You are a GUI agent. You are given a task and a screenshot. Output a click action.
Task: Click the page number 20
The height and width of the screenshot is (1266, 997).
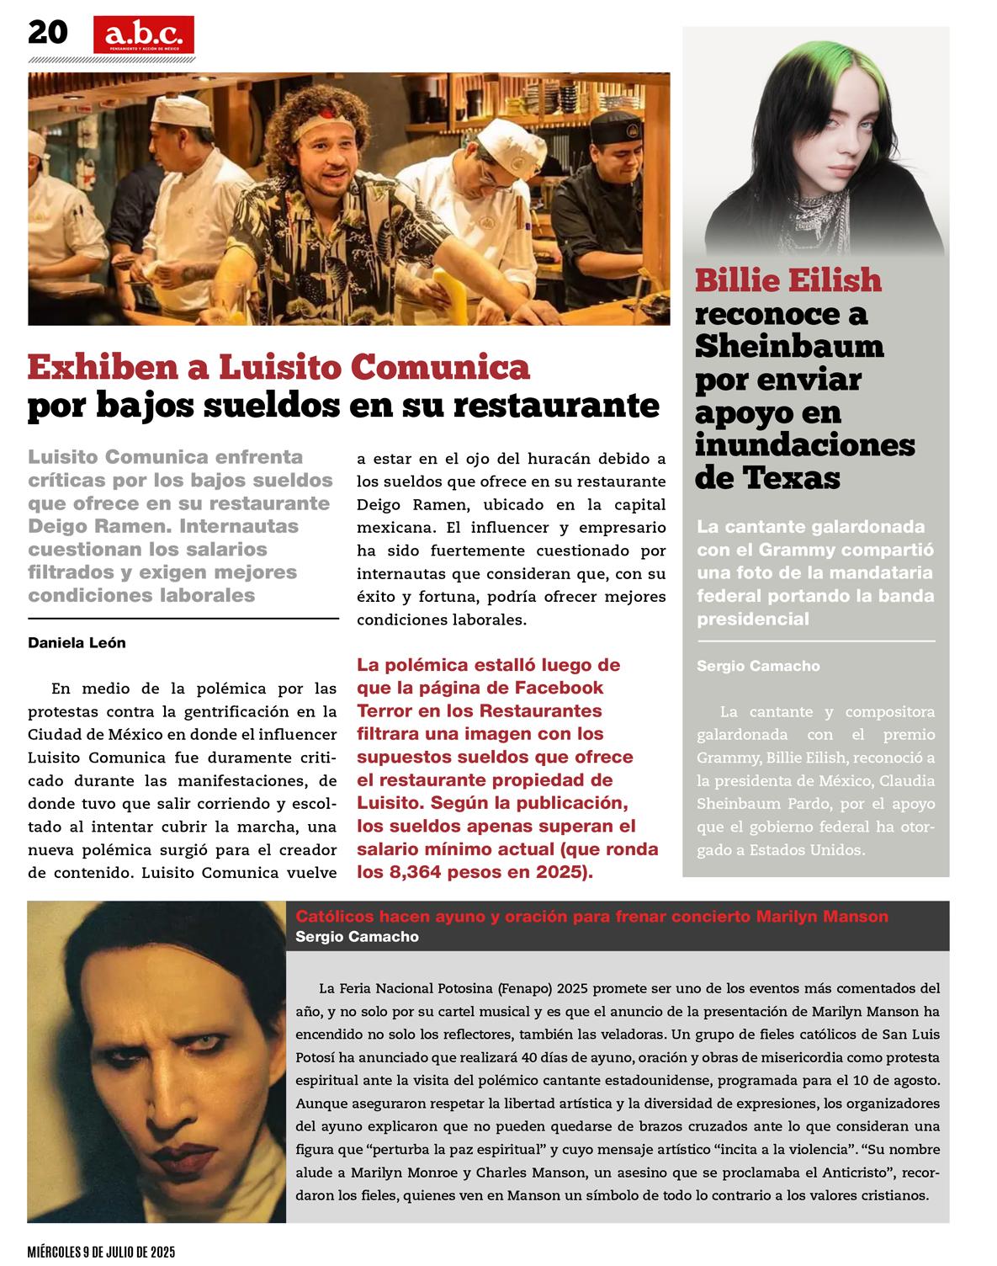(x=47, y=32)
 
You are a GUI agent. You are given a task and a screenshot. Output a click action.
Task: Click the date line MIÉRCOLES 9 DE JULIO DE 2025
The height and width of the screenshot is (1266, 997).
(x=101, y=1253)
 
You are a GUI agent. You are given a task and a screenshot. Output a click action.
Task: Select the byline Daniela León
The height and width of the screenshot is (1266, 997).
(x=77, y=643)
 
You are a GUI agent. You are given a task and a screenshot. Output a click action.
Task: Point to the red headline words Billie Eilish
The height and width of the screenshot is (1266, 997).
(x=788, y=280)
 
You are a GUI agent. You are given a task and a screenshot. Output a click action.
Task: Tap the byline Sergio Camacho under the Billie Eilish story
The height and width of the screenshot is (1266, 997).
(x=758, y=666)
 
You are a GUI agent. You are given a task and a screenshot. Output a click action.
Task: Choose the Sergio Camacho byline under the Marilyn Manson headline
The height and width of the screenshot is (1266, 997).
(x=357, y=937)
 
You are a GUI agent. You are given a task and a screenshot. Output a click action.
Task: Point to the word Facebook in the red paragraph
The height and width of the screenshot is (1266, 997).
(x=559, y=688)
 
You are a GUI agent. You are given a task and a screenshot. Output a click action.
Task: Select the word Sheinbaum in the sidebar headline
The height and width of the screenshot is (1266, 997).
(x=789, y=346)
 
